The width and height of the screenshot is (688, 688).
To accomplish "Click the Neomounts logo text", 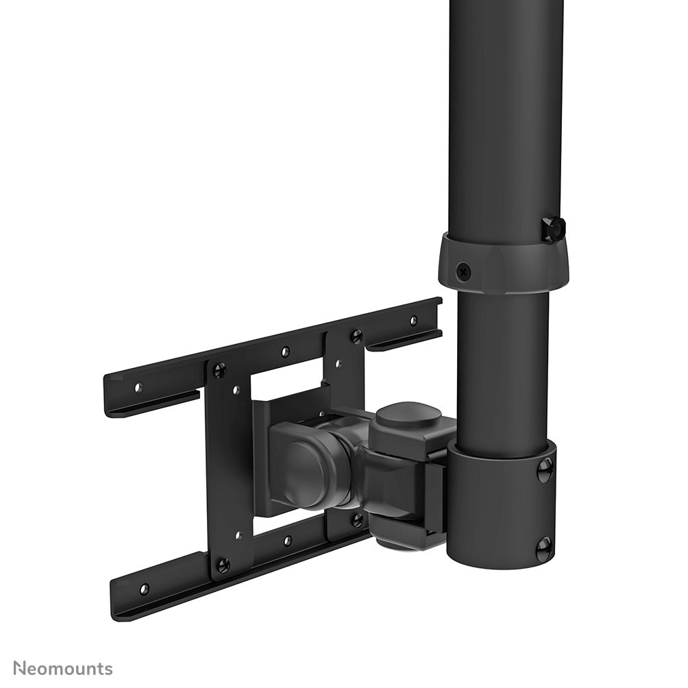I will click(x=63, y=668).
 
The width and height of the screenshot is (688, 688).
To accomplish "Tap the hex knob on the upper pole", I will click(x=552, y=229).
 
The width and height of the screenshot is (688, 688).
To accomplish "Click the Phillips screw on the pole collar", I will click(x=464, y=271).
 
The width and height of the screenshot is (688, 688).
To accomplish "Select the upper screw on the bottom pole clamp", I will click(x=545, y=469).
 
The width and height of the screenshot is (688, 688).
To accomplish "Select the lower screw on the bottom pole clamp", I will click(x=543, y=548).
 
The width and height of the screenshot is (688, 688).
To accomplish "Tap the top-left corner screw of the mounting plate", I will click(x=219, y=371).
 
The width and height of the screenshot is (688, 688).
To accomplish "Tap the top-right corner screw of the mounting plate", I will click(x=356, y=336).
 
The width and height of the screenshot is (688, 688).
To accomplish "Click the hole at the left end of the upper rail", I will click(x=138, y=388).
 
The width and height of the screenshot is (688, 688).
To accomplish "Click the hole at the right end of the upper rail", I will click(x=413, y=320).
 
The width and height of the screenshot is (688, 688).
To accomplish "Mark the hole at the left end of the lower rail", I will click(x=144, y=589).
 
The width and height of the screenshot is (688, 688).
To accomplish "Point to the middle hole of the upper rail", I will click(x=285, y=352).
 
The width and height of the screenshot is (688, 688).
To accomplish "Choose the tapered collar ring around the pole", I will click(x=504, y=264).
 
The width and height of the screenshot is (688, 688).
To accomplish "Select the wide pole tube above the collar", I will click(x=506, y=116).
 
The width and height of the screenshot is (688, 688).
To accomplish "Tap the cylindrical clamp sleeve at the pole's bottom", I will click(x=500, y=507).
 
